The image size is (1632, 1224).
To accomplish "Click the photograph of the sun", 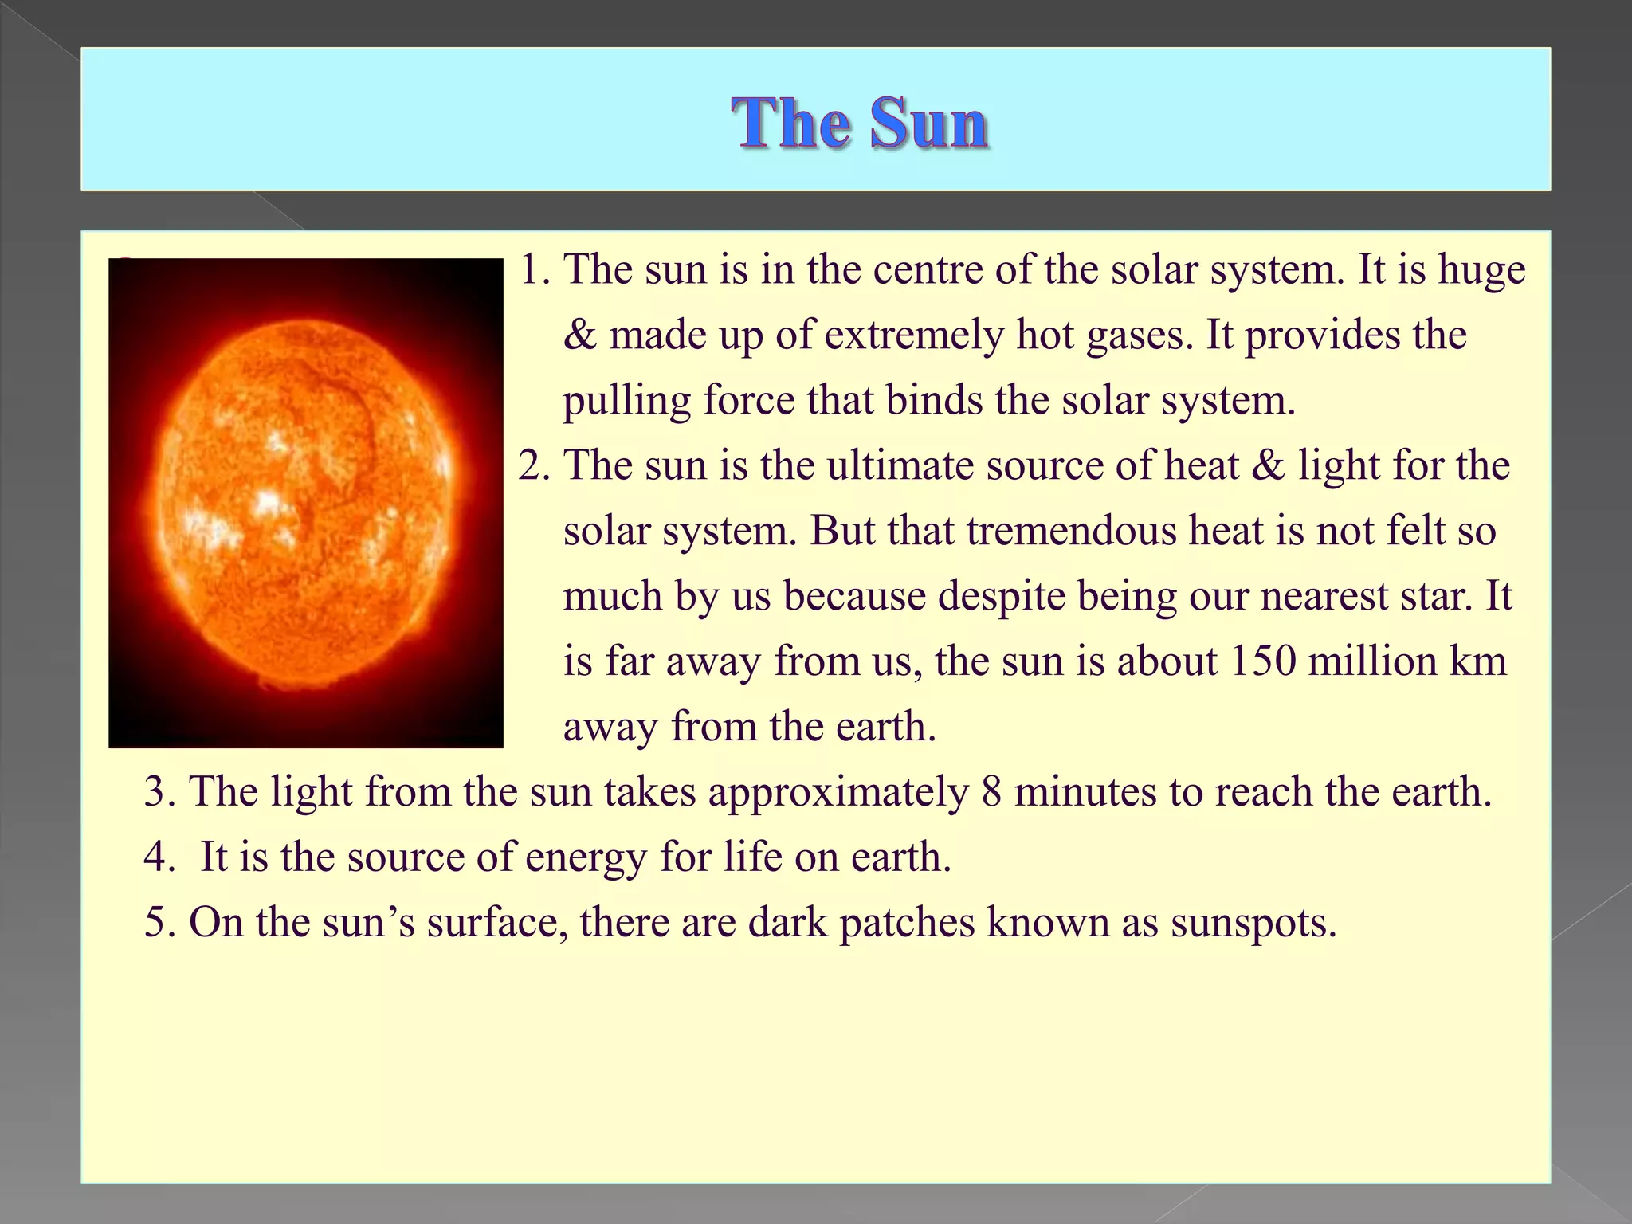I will [306, 503].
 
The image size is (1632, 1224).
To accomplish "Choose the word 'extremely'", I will [913, 335].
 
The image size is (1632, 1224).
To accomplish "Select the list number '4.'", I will [159, 857].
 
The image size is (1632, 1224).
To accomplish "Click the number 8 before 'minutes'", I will [991, 792].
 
